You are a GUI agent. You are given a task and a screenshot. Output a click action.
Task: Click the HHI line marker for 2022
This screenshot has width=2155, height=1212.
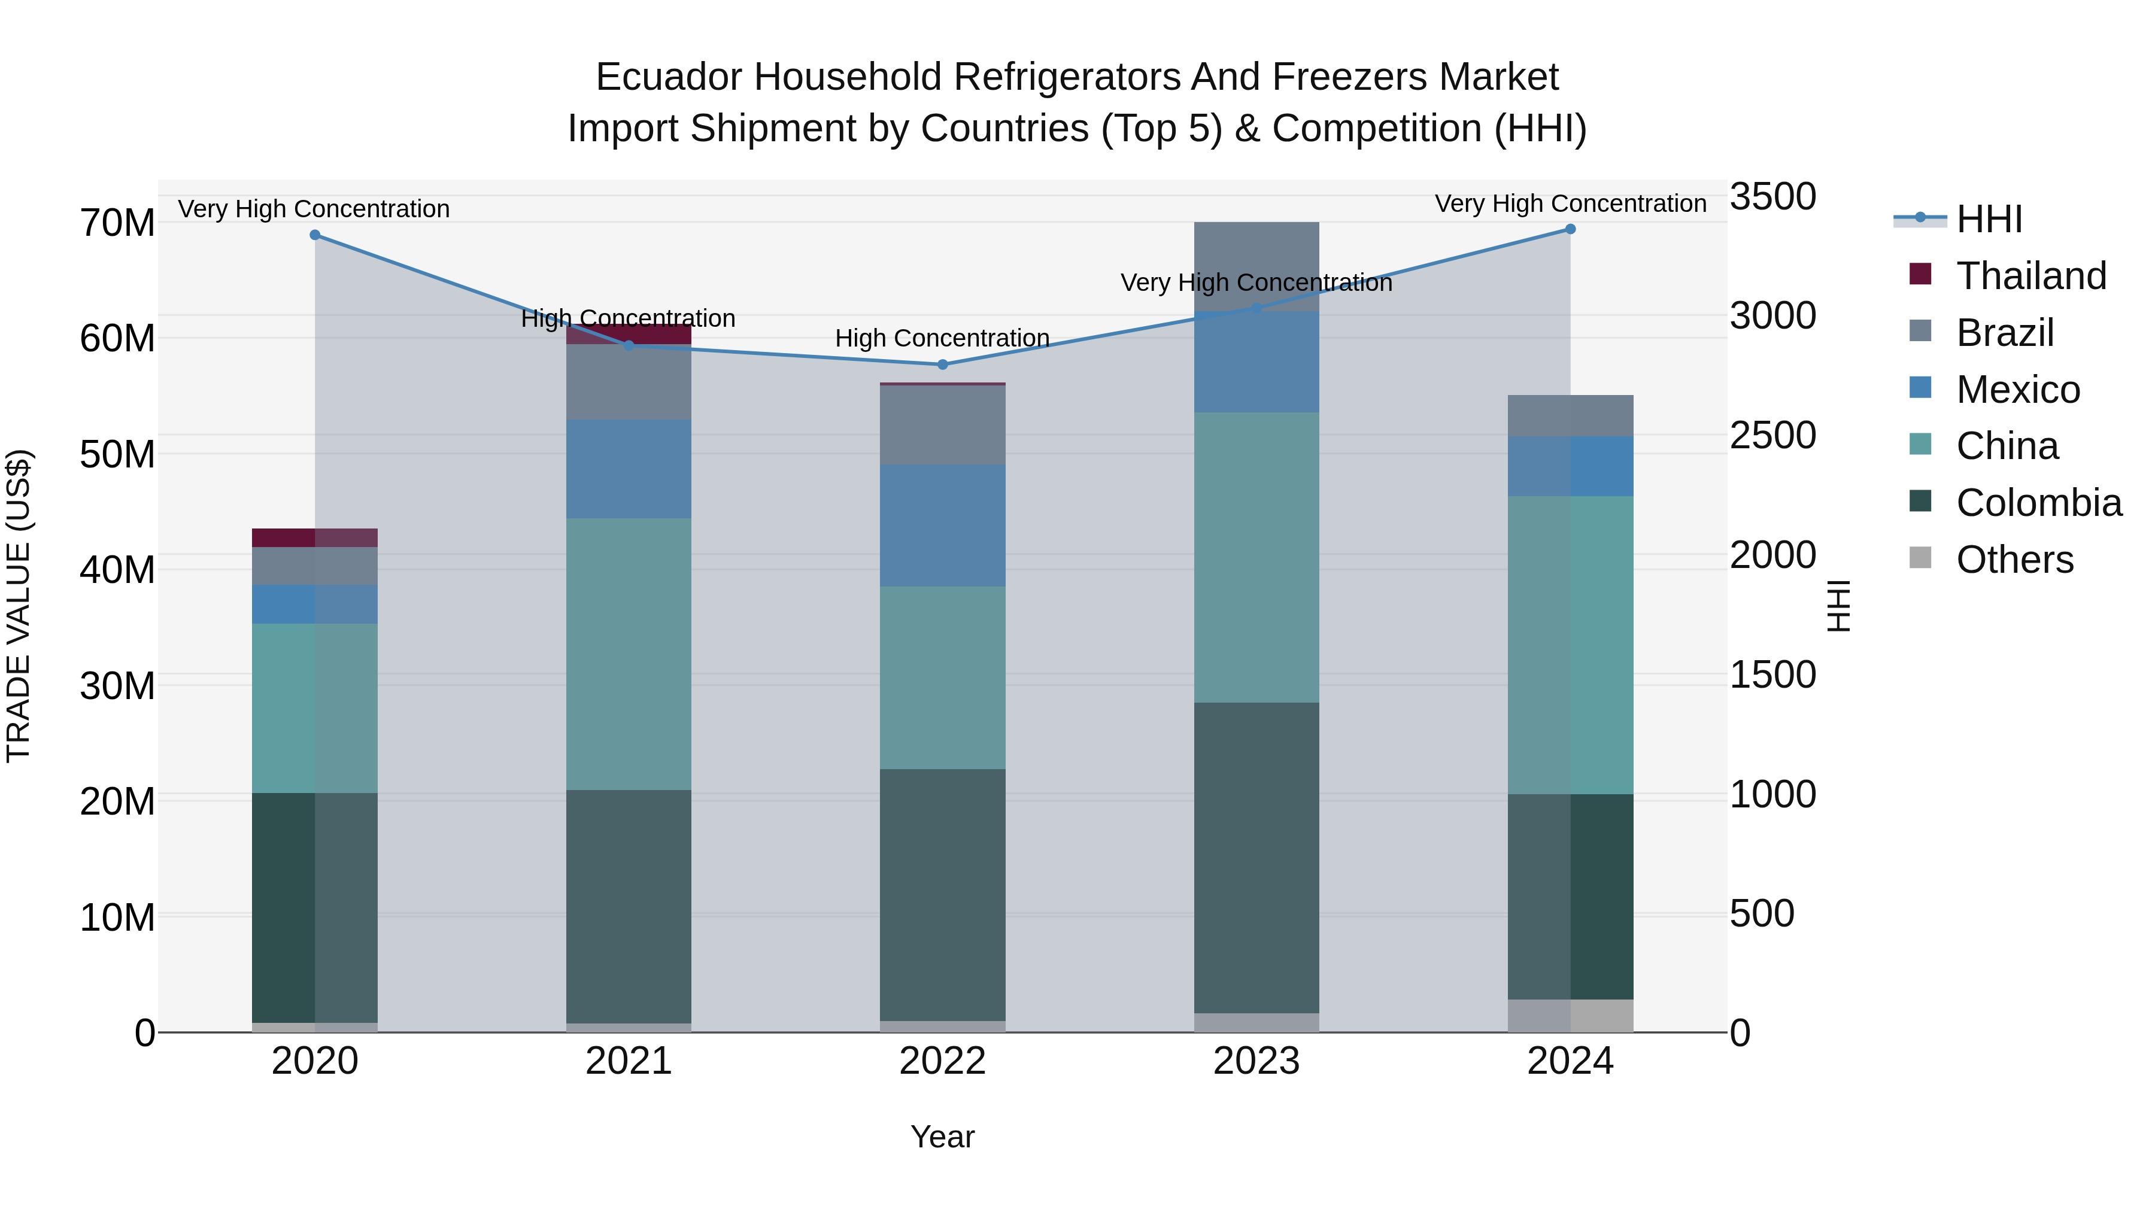[x=942, y=364]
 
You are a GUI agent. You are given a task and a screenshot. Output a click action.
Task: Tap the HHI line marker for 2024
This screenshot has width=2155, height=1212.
[x=1570, y=229]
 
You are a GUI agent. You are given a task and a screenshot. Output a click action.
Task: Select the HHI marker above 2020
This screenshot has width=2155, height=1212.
[x=314, y=235]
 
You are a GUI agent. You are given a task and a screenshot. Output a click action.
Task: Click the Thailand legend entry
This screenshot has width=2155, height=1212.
[x=2030, y=275]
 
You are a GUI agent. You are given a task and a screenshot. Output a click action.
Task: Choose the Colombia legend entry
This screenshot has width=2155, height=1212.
[x=2038, y=503]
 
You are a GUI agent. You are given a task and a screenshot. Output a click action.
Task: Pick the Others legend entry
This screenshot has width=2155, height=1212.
[x=2014, y=560]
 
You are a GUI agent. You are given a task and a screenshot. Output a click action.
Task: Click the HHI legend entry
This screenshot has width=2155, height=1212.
[x=1989, y=219]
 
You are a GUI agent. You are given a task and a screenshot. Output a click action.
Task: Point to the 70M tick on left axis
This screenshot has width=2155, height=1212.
[x=117, y=223]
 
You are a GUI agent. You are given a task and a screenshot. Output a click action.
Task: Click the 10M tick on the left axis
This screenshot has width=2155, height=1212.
[x=117, y=918]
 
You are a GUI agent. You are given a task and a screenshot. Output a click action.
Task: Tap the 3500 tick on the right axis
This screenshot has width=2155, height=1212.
[x=1772, y=196]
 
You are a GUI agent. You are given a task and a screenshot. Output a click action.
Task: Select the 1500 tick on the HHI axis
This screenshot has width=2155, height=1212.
[x=1772, y=675]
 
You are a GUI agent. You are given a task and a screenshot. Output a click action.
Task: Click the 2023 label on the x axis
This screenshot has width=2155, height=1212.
[x=1256, y=1061]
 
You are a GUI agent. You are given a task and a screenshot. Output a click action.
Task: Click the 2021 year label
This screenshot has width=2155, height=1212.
[x=629, y=1061]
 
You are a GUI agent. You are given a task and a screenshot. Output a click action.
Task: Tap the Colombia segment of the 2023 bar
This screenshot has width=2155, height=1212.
[x=1256, y=857]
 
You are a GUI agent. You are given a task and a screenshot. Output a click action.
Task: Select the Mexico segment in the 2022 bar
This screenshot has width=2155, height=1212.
[x=942, y=525]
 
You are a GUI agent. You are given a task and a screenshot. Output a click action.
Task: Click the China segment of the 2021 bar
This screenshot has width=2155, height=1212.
[x=629, y=654]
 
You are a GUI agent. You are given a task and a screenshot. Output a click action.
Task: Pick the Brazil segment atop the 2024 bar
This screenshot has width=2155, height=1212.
[x=1570, y=416]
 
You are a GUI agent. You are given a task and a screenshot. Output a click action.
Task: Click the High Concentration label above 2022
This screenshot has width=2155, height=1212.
[x=942, y=339]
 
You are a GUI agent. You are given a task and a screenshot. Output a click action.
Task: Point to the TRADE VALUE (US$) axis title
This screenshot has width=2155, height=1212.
[x=19, y=606]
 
